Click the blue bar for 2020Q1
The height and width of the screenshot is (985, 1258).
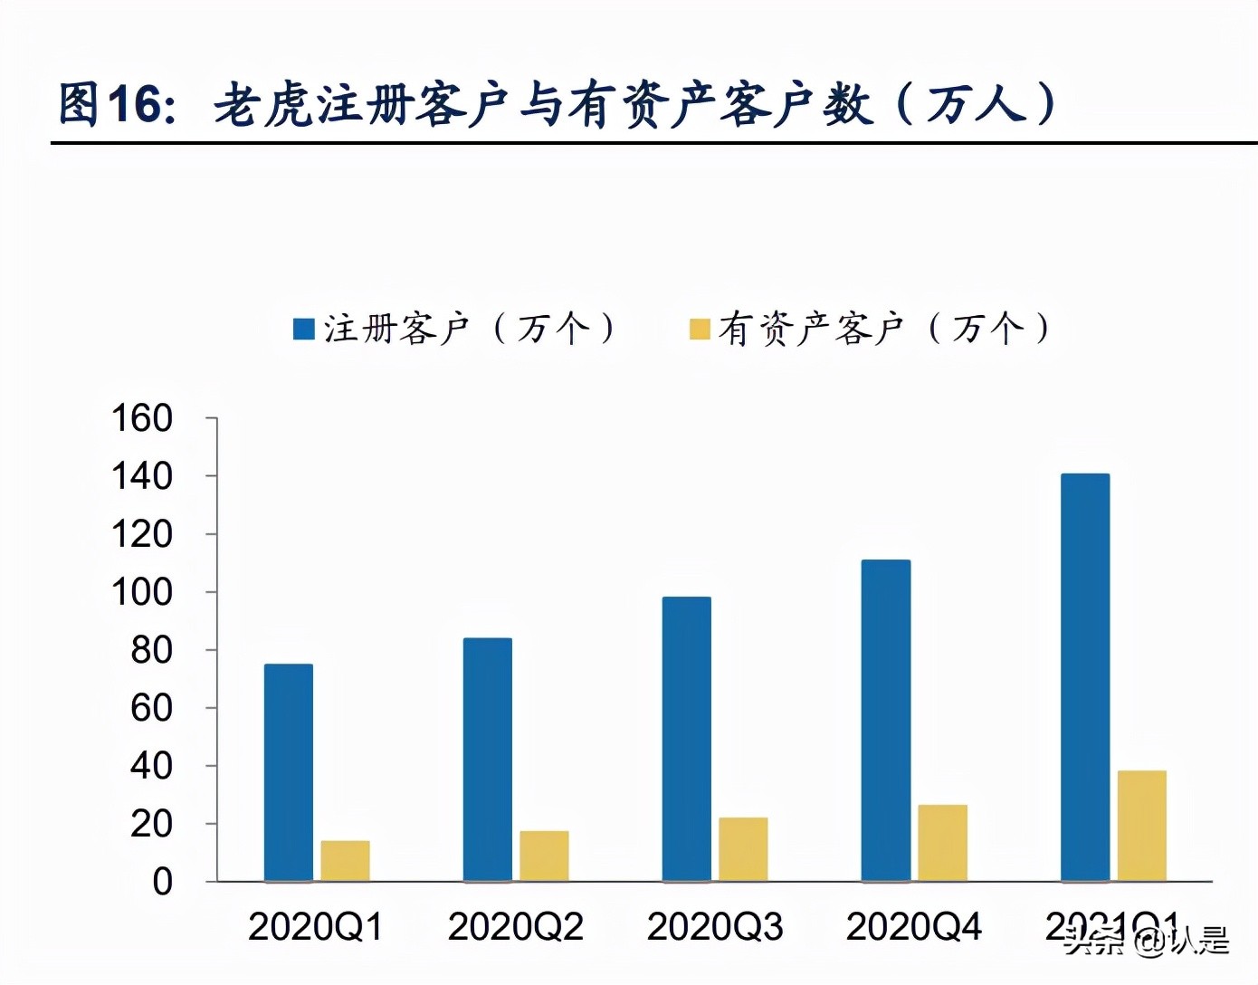289,772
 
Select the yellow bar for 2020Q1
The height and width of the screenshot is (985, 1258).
345,861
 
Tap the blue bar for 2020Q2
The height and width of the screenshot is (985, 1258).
488,760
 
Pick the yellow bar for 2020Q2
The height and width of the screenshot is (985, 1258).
544,856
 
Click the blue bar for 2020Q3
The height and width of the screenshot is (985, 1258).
687,739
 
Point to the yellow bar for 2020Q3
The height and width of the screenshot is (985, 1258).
743,849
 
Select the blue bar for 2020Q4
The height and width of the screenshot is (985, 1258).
886,721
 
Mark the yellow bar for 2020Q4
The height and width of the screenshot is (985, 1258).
942,843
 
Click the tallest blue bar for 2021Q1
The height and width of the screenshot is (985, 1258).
1085,677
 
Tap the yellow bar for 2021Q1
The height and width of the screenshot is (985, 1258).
1142,826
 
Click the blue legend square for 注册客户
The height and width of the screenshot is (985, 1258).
304,329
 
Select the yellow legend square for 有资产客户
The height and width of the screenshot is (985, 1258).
700,329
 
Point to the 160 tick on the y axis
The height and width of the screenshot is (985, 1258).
142,418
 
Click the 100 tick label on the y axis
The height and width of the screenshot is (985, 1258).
142,592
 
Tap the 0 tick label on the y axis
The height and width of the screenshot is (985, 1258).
162,881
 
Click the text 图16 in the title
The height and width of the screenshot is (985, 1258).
116,103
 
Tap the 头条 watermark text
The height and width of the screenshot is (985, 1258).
1094,942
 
